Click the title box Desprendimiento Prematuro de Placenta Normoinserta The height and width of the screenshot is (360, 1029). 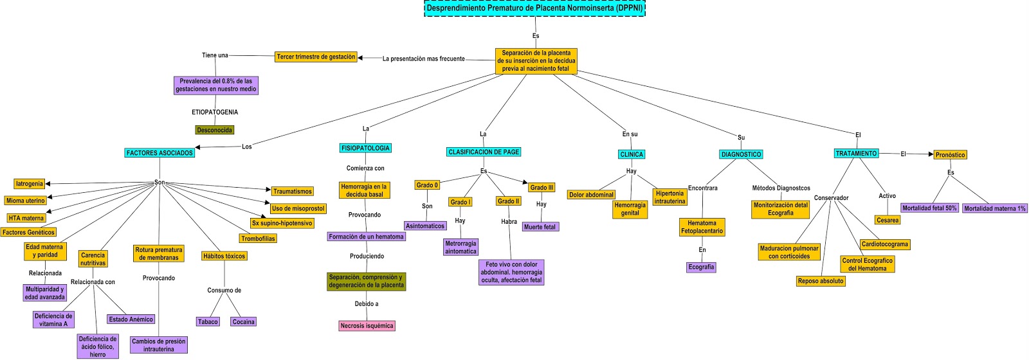tap(534, 8)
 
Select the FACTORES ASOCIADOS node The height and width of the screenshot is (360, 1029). tap(159, 153)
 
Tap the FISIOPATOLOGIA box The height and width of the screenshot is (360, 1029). tap(365, 148)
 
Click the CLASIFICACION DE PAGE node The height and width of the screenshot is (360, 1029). tap(484, 152)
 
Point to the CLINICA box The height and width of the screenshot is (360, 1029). tap(631, 154)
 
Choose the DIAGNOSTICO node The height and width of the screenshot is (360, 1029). tap(741, 154)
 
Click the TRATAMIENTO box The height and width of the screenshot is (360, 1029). tap(856, 154)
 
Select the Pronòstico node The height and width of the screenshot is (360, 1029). tap(950, 155)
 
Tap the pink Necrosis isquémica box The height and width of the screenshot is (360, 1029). tap(367, 326)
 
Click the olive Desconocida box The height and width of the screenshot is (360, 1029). tap(215, 130)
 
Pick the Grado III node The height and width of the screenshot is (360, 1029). tap(542, 188)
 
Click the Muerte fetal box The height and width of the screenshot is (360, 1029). tap(540, 227)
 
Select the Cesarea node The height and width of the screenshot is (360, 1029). tap(888, 220)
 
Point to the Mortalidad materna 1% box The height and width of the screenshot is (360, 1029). tap(995, 208)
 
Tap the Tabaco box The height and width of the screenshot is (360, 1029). tap(208, 321)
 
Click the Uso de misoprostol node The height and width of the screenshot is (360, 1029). tap(298, 208)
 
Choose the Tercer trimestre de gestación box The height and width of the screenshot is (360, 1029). tap(316, 57)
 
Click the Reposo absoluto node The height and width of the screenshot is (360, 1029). tap(820, 281)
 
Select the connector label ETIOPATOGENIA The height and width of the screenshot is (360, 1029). tap(215, 112)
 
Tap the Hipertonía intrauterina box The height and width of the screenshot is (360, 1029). tap(669, 197)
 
